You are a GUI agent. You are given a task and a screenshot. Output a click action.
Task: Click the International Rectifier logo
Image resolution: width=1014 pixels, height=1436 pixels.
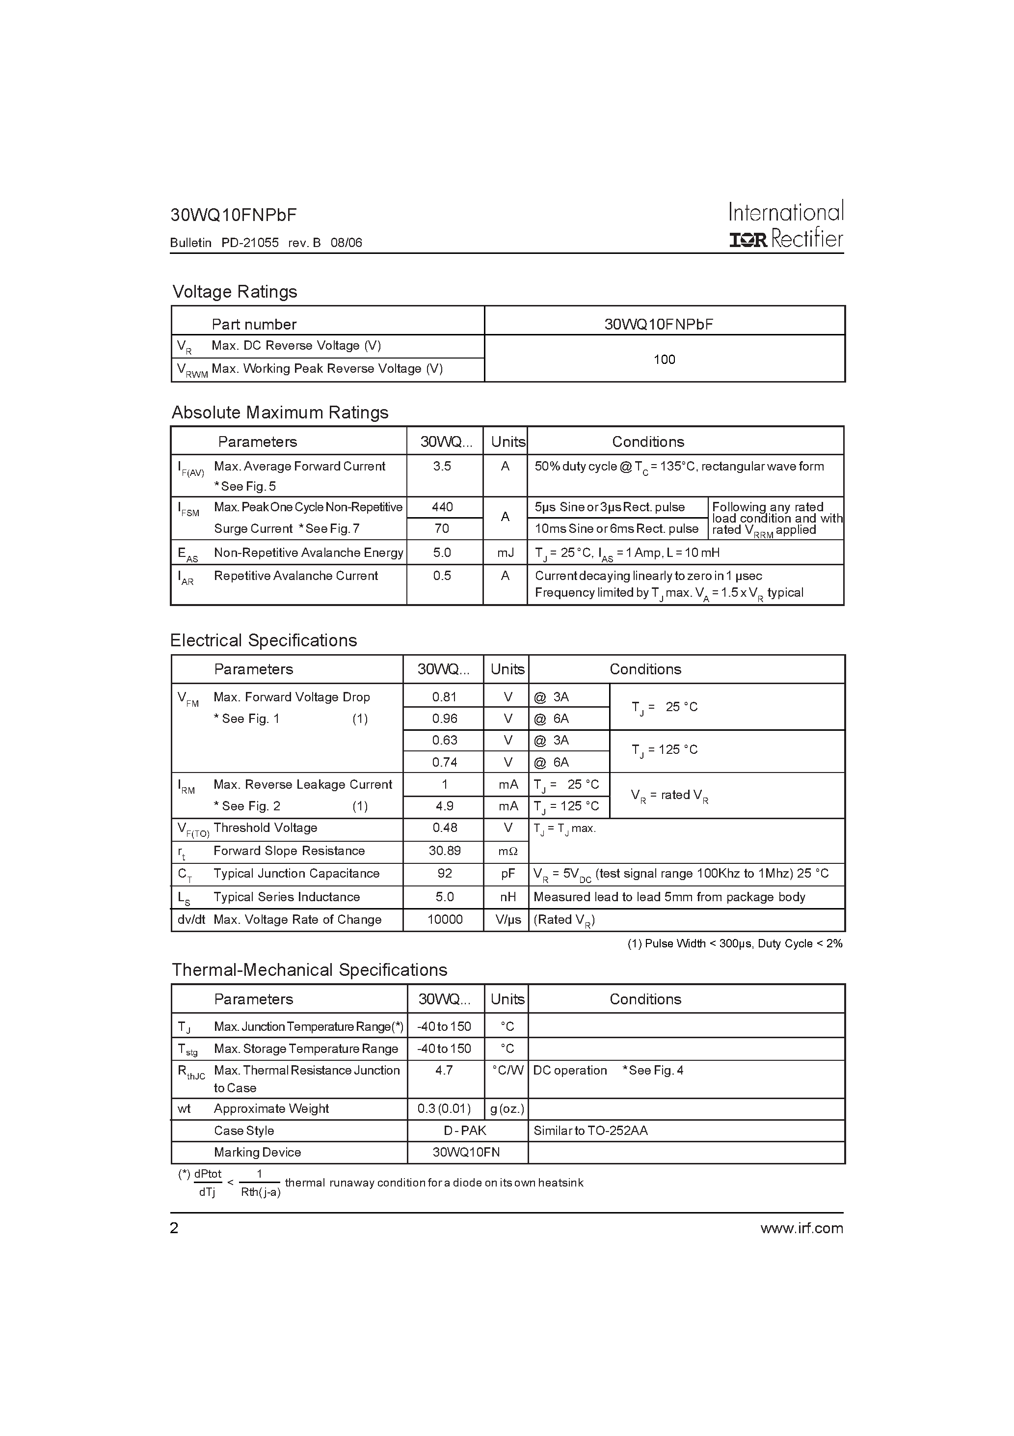786,225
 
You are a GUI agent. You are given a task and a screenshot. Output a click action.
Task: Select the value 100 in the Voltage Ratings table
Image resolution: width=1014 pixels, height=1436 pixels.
664,359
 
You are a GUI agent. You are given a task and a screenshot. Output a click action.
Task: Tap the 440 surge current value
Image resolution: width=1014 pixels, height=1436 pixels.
442,507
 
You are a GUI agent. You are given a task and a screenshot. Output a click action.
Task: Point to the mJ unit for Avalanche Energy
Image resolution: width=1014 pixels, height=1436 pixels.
505,552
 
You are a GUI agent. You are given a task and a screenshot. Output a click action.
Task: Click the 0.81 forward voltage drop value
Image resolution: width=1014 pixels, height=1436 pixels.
445,697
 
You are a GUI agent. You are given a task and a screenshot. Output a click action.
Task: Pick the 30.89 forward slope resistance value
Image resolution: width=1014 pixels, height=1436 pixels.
445,851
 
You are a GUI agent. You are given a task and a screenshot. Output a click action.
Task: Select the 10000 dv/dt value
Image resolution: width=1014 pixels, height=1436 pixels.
445,919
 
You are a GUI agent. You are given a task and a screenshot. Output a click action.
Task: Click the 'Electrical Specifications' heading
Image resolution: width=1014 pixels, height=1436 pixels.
263,640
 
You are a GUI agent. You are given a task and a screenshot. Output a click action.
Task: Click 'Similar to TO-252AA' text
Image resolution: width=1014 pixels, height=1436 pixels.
590,1131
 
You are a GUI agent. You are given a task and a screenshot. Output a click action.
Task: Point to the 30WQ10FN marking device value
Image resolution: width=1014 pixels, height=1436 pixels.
466,1152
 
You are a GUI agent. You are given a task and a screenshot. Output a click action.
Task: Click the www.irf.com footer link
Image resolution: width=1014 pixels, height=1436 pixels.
801,1228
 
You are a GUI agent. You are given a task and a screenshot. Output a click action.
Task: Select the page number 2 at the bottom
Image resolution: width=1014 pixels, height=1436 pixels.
174,1228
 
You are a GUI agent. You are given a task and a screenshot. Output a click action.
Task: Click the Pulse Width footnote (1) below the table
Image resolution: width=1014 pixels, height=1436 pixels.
735,944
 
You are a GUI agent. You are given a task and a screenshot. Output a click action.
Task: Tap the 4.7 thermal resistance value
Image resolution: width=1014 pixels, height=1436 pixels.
444,1070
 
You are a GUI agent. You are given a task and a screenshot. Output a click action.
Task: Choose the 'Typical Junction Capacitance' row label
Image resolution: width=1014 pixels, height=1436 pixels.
296,874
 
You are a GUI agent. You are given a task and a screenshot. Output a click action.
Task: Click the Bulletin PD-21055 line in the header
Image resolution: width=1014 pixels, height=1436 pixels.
266,243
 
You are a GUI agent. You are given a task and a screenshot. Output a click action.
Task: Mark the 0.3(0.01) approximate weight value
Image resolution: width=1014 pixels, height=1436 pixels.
444,1109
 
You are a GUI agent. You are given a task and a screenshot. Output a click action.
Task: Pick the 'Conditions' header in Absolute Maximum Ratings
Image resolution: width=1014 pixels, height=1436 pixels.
648,442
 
